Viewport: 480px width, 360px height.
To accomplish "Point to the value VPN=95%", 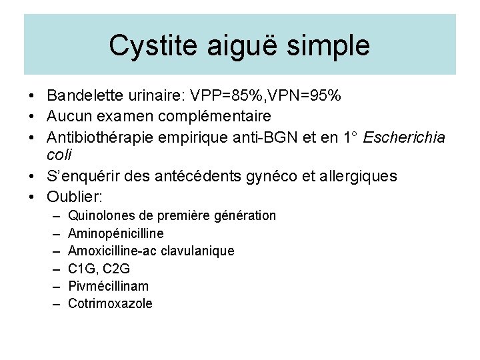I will pos(308,96).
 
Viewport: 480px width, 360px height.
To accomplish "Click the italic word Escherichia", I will pos(402,136).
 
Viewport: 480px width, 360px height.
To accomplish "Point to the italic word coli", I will pos(59,154).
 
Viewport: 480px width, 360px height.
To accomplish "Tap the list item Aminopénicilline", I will pos(116,233).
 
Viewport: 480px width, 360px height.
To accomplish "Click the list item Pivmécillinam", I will pos(109,286).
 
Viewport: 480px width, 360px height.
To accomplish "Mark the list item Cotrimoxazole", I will pos(110,303).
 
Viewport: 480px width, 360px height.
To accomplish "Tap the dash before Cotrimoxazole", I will pos(54,303).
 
